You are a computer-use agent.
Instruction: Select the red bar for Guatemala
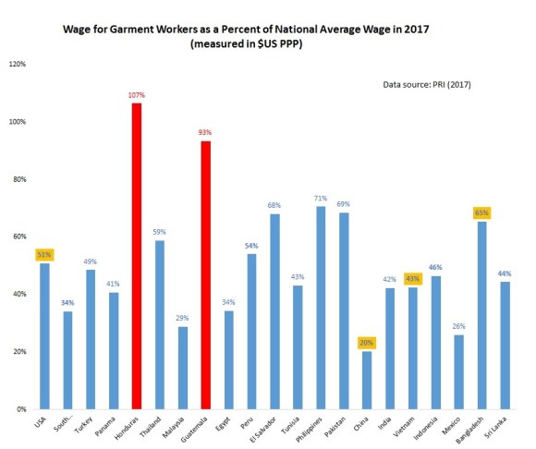[x=205, y=275]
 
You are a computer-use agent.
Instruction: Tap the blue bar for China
[x=366, y=380]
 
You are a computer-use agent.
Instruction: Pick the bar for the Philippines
[x=320, y=308]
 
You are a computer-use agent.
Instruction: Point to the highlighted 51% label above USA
[x=44, y=254]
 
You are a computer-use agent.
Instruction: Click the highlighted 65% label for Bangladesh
[x=481, y=212]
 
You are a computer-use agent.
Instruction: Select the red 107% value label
[x=137, y=94]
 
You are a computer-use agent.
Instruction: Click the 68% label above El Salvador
[x=274, y=205]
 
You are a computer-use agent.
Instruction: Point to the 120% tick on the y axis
[x=18, y=65]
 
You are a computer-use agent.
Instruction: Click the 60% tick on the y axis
[x=18, y=237]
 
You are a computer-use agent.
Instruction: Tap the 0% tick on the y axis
[x=20, y=409]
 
